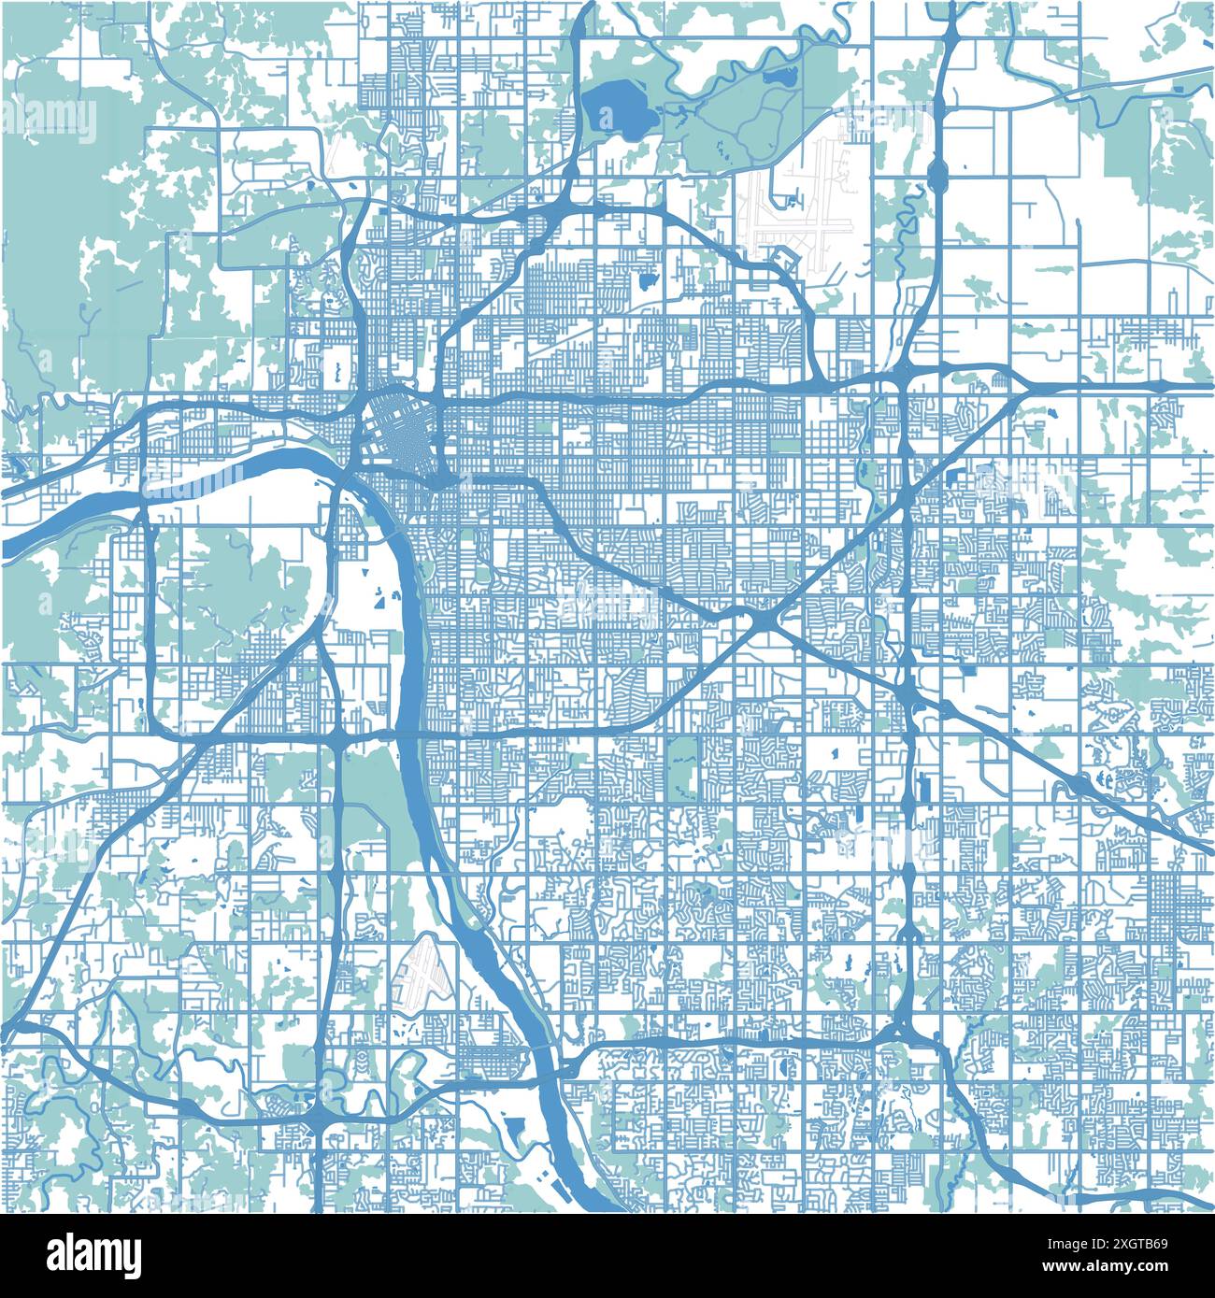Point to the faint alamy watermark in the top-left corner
point(49,119)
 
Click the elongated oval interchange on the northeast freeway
point(937,172)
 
